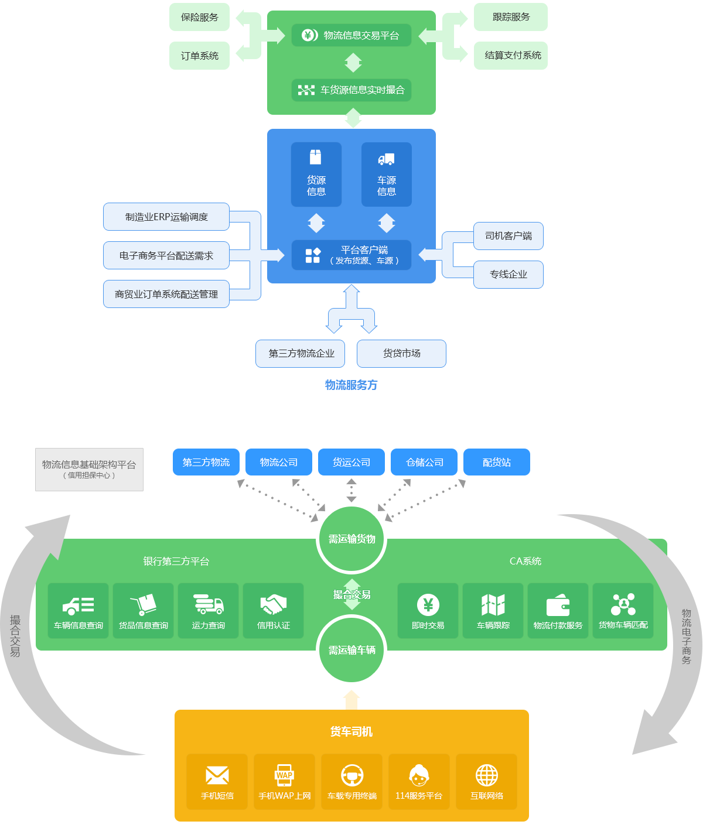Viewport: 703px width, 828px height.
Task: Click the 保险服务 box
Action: (199, 17)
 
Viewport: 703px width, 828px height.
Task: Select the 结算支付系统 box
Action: (511, 56)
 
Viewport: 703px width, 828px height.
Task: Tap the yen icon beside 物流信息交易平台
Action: (309, 35)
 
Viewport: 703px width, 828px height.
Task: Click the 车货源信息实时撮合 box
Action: (351, 90)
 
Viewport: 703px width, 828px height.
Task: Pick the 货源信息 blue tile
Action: (316, 175)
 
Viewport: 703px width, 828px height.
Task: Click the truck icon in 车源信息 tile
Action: (386, 159)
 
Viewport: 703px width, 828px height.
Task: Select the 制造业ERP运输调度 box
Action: (166, 217)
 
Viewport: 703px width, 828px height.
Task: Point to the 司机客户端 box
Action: (509, 236)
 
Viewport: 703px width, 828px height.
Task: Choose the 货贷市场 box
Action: (401, 354)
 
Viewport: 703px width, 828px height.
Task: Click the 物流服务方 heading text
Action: (351, 385)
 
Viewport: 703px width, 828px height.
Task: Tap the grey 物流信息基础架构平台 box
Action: (89, 470)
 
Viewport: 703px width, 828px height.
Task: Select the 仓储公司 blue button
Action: (424, 462)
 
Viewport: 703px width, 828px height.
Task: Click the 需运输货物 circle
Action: (351, 539)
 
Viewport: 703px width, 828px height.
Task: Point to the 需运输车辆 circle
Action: (351, 650)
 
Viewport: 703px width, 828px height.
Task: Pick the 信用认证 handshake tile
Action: (273, 611)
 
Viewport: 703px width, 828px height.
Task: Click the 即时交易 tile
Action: (428, 611)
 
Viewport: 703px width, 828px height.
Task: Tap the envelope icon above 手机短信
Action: (217, 775)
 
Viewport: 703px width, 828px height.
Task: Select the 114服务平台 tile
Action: (419, 782)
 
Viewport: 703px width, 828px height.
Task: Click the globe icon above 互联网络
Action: (487, 775)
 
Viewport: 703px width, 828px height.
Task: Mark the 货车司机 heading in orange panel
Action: (351, 731)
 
